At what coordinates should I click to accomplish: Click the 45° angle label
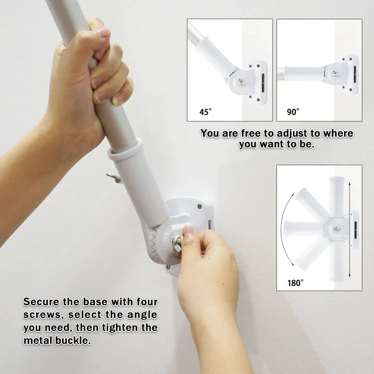coord(205,112)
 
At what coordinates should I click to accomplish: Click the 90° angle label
coord(293,112)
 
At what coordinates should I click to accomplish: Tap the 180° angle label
coord(295,283)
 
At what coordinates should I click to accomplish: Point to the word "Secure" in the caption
coord(41,302)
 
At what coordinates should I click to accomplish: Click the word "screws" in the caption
coord(44,315)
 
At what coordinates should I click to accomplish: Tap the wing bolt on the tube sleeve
coord(114,178)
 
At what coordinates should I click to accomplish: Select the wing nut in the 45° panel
coord(241,83)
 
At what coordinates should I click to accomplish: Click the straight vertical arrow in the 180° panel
coord(350,230)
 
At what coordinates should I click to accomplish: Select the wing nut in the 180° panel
coord(337,229)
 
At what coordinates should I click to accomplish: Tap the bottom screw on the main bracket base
coord(168,267)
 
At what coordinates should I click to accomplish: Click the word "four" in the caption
coord(147,302)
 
